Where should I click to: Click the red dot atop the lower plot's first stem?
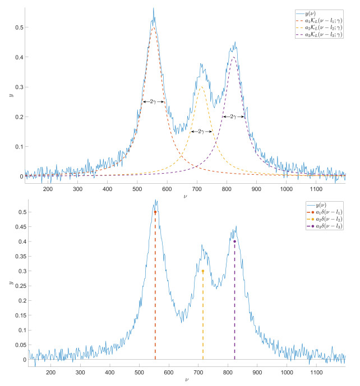pos(155,212)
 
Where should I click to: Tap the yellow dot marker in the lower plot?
pos(203,271)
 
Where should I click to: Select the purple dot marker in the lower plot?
pos(234,241)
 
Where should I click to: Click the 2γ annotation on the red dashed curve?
pos(153,101)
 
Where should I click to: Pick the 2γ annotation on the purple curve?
pos(233,117)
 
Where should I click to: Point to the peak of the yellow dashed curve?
pos(201,87)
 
